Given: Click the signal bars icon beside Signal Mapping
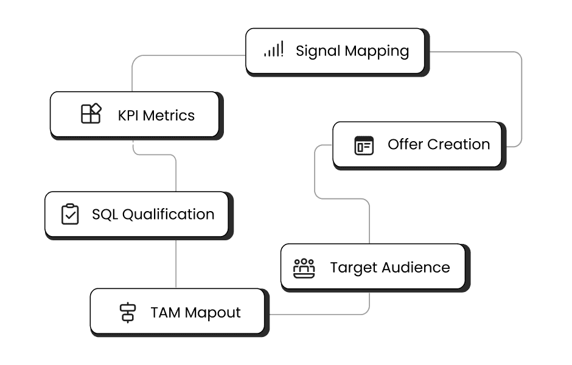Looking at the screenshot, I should [x=273, y=50].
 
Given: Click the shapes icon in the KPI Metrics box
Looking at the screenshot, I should [x=91, y=114].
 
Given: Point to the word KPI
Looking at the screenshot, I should [x=128, y=115].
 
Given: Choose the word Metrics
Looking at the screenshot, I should [x=169, y=115].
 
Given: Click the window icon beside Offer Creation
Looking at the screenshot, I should [x=364, y=145].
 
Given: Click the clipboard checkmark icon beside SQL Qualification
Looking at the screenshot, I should [x=70, y=214].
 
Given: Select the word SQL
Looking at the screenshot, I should [x=105, y=214].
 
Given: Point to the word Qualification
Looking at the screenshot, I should [x=169, y=215].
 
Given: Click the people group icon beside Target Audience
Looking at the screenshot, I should [x=304, y=268].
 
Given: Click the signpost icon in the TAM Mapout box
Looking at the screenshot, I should [x=127, y=313].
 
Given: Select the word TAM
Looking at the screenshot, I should [x=166, y=313].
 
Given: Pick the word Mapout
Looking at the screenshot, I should [x=212, y=313].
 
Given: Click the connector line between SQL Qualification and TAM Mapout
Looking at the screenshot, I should [x=176, y=263].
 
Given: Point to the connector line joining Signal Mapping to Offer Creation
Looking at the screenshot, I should [x=521, y=97].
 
